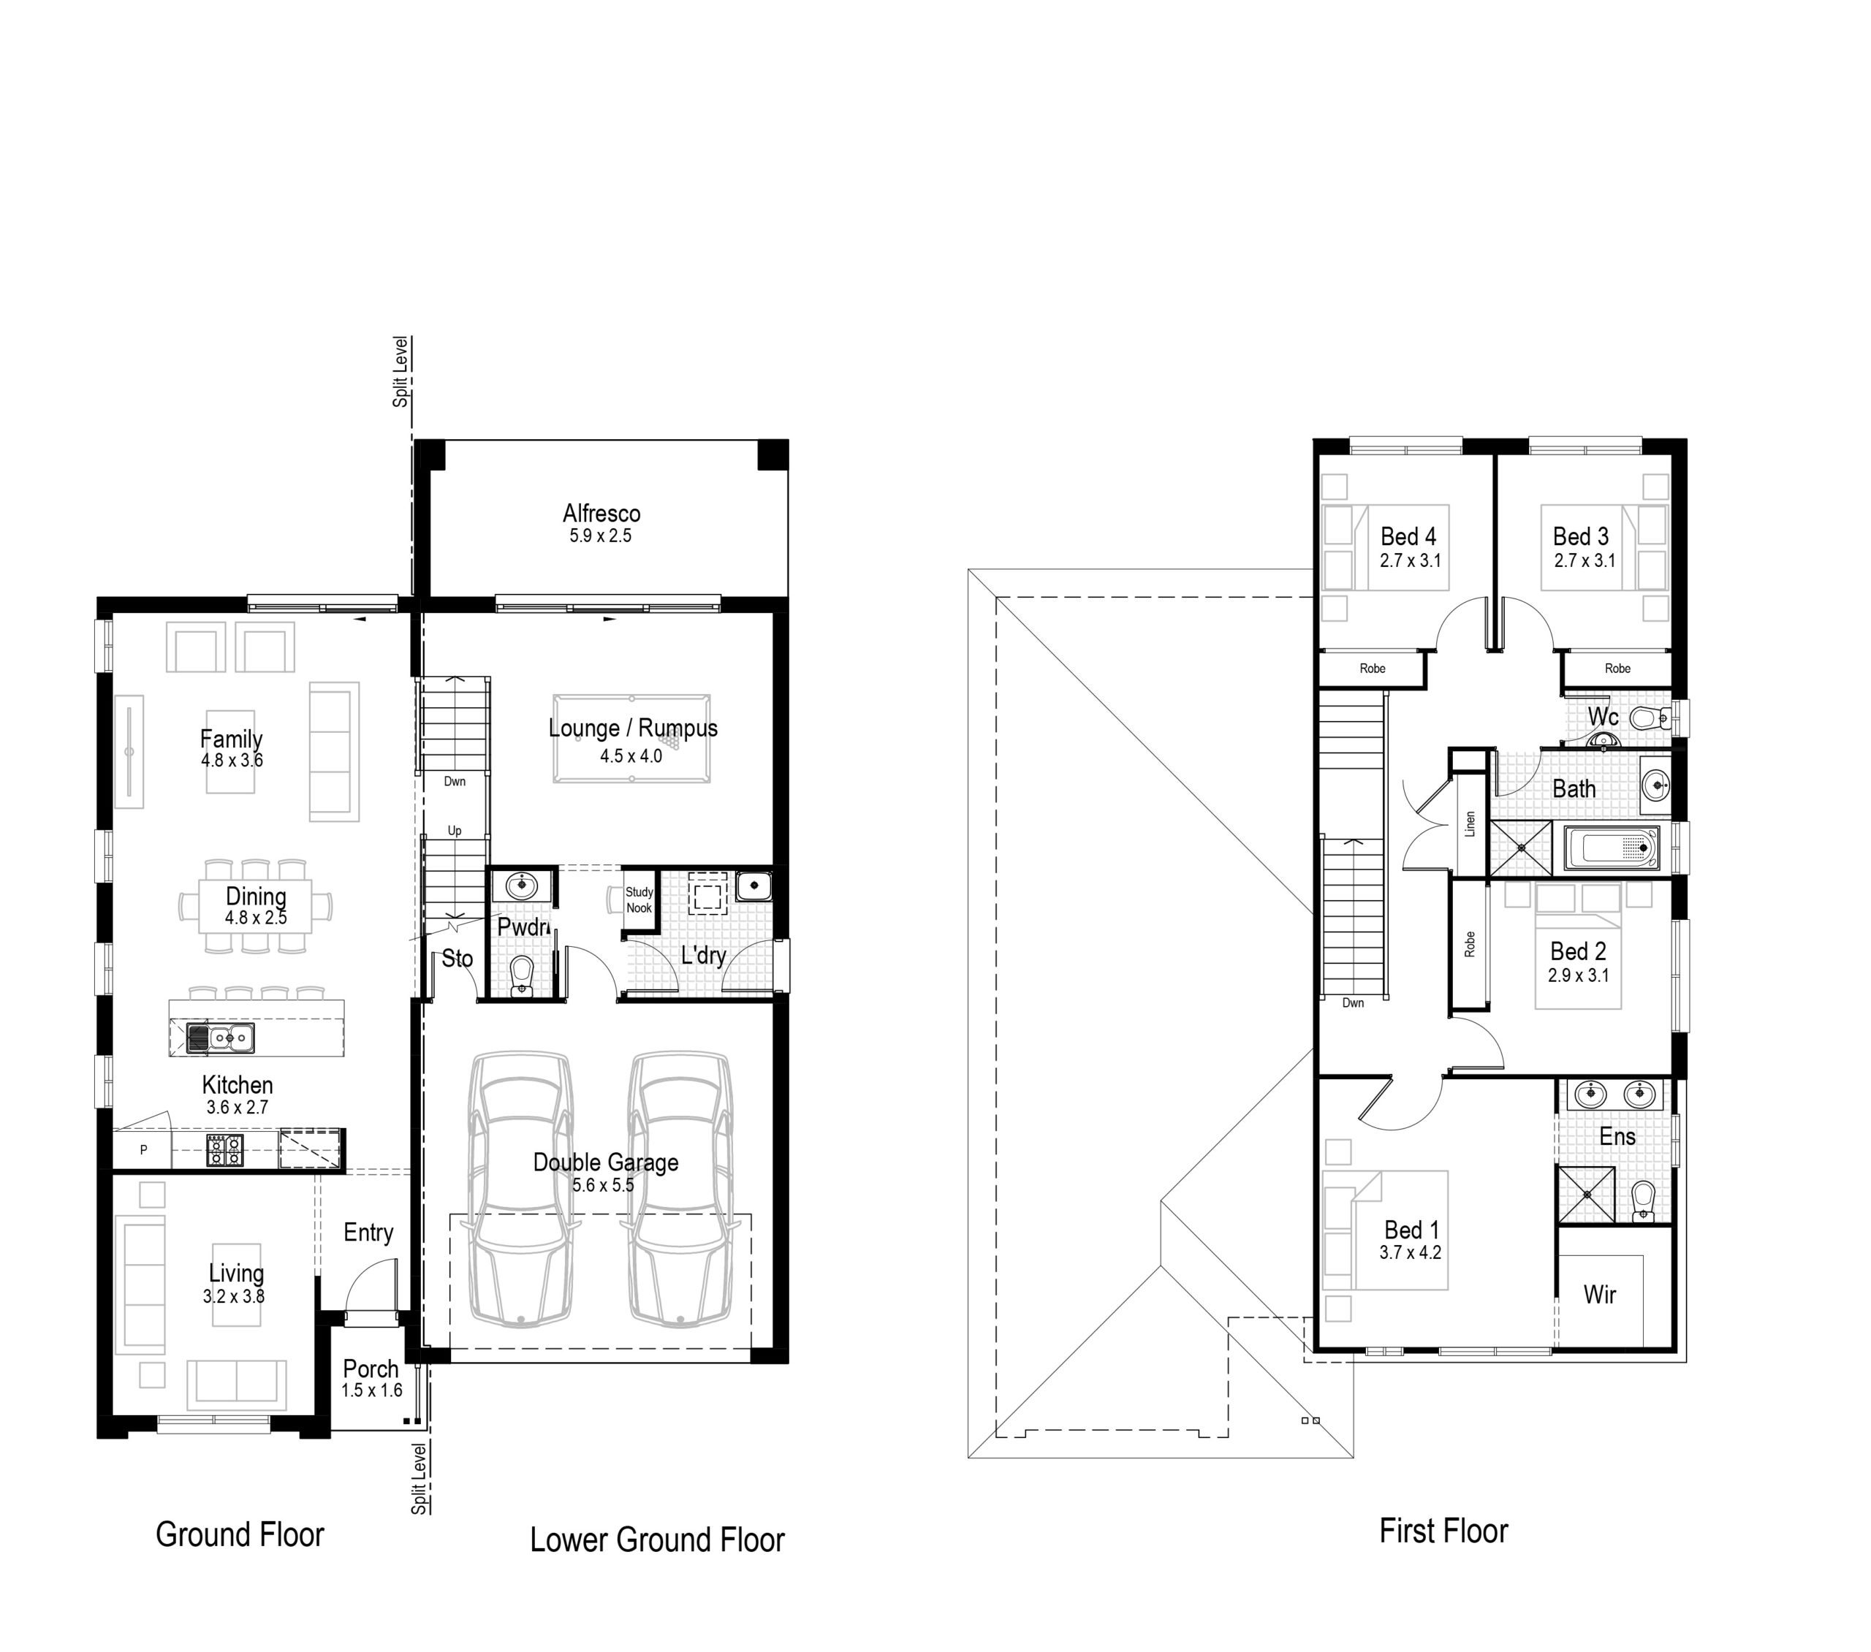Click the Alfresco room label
(601, 514)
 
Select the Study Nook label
(639, 899)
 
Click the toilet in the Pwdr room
(521, 975)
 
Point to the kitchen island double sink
(221, 1038)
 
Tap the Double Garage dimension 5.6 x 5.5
(603, 1185)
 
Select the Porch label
(371, 1369)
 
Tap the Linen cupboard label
(1470, 823)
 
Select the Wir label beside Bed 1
(1600, 1294)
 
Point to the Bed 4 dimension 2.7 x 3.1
(1411, 561)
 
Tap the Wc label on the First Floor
(1603, 716)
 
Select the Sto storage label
(458, 959)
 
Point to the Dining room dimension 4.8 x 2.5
(257, 918)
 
